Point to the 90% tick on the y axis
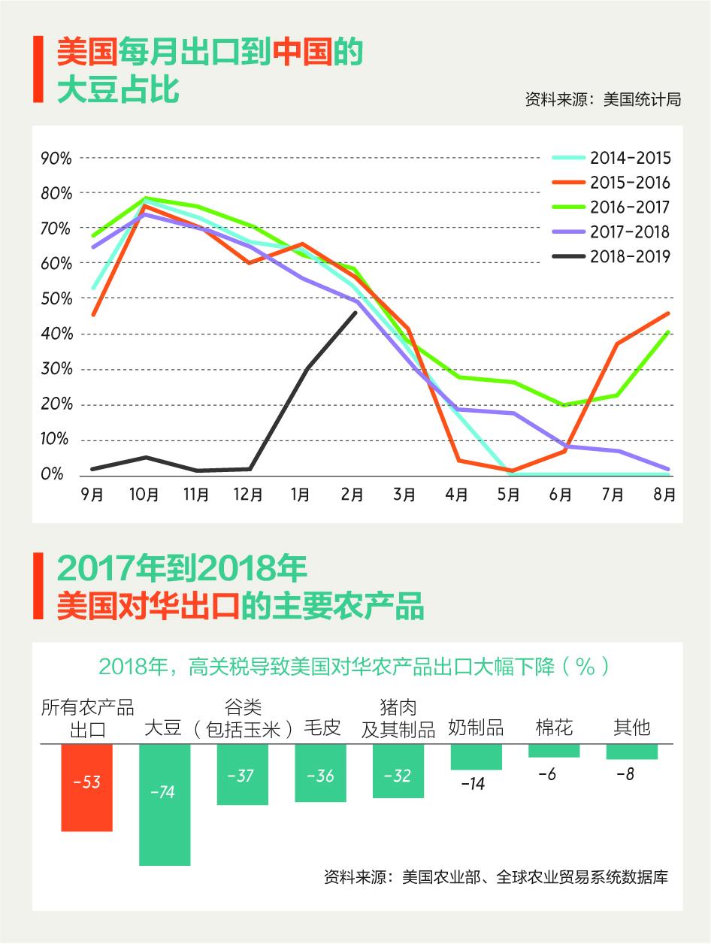coord(56,158)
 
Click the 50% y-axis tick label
coord(56,298)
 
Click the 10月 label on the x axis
coord(144,495)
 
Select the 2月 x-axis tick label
coord(352,495)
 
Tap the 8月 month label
coord(664,495)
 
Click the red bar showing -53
coord(86,787)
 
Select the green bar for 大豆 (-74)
coord(165,804)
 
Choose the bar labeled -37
coord(242,774)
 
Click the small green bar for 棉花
coord(554,750)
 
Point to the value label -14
coord(473,784)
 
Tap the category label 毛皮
coord(322,728)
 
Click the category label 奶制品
coord(476,728)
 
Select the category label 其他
coord(632,728)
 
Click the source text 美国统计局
coord(642,100)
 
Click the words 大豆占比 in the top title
coord(118,89)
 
